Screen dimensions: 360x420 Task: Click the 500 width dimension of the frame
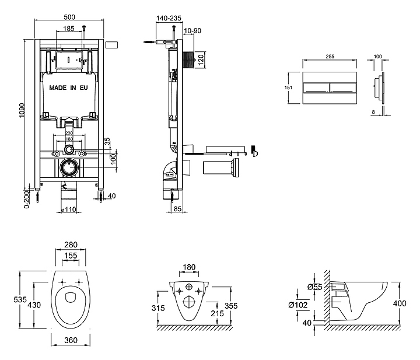point(69,18)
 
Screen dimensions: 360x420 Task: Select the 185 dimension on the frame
point(69,28)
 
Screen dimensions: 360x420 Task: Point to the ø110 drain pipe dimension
point(69,209)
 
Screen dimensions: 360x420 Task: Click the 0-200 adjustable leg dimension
point(26,197)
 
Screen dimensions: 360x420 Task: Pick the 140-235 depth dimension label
point(168,18)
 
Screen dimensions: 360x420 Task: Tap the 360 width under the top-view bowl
point(70,339)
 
